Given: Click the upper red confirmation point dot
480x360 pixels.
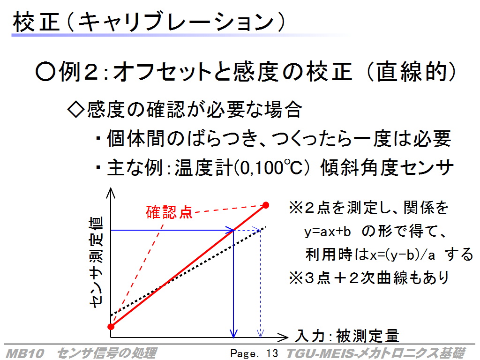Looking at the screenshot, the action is point(266,205).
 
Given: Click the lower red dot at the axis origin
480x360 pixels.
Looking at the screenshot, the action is point(111,327).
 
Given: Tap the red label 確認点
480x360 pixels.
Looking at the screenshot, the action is point(169,212).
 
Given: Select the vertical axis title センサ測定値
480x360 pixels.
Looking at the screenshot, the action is point(96,262).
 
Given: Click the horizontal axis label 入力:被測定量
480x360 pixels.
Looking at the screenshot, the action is point(347,336).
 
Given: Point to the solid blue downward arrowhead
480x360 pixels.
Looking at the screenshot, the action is point(233,333).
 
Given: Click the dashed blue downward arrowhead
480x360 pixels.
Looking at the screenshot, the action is point(260,333).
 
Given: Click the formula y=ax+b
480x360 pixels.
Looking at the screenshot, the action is point(327,232).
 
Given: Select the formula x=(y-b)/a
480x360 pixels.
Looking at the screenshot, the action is point(402,255).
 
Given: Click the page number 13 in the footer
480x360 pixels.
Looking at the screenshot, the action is point(272,353).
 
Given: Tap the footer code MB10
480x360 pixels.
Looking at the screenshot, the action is point(25,353).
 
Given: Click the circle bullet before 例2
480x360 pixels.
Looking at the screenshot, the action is point(45,72).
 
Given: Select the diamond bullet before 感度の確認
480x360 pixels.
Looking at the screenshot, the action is point(75,110).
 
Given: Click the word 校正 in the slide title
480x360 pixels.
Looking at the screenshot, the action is point(36,22).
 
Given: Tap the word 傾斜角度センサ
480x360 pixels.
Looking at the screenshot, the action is point(387,168).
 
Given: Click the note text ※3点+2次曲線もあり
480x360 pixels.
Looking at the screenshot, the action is point(369,278).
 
